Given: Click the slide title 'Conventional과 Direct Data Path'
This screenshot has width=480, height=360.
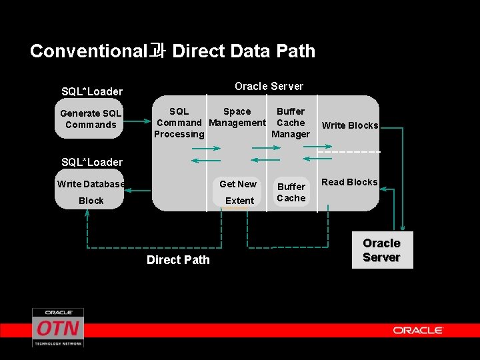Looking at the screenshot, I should click(173, 51).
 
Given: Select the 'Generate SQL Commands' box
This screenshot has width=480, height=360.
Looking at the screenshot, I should click(90, 119).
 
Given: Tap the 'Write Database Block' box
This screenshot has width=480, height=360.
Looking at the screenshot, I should click(90, 192).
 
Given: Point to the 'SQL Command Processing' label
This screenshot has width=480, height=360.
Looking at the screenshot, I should click(179, 123).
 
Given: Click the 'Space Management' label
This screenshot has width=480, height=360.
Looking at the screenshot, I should click(237, 117).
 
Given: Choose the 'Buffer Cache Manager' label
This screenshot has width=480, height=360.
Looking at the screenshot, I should click(291, 123).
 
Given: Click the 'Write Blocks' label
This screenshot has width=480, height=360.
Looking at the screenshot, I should click(349, 125).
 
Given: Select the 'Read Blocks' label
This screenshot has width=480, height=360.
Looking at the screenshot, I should click(349, 182).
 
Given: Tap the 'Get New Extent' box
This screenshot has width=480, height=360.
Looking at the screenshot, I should click(238, 192).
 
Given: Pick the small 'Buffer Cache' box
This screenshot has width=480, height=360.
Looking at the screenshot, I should click(291, 192).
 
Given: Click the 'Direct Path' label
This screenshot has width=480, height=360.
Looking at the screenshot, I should click(178, 260).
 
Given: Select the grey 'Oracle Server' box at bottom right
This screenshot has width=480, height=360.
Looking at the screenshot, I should click(381, 250).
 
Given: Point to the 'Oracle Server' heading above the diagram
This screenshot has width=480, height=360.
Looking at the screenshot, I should click(269, 86).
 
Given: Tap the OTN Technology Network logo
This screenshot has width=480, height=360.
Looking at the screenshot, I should click(58, 327).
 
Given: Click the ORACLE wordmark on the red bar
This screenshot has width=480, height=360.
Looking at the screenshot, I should click(418, 330).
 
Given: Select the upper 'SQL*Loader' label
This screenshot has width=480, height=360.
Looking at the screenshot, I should click(92, 91).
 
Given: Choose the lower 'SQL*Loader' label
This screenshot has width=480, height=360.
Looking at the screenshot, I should click(92, 162).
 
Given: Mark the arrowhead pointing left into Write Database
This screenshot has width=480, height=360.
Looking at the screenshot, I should click(129, 191).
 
